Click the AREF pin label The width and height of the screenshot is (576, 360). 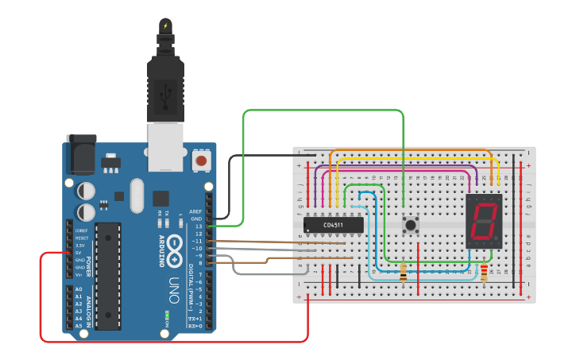(195, 212)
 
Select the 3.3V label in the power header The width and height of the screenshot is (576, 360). (80, 246)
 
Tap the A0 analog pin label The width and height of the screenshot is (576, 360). (79, 289)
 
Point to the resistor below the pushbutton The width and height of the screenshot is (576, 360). (404, 274)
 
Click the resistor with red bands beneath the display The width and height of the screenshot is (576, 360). (484, 274)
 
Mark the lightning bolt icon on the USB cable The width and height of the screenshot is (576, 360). (165, 25)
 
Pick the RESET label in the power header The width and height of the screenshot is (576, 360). (82, 238)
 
